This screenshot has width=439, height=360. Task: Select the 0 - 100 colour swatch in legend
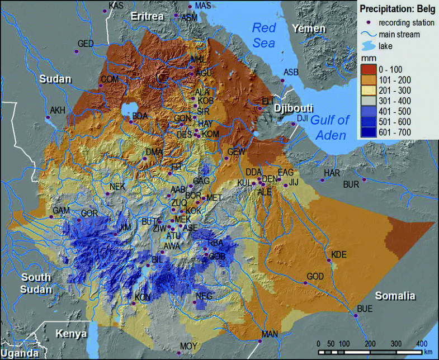tap(369, 69)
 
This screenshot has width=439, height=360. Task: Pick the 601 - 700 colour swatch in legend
tap(369, 132)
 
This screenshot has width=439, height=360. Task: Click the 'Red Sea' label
tap(266, 34)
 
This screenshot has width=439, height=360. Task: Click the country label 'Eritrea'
tap(147, 17)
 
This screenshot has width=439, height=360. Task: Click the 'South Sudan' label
tap(36, 283)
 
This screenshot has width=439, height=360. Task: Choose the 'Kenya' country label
tap(71, 334)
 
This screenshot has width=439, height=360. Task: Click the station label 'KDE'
tap(339, 254)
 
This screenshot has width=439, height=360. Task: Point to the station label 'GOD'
tap(315, 277)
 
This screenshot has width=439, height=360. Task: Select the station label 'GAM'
tap(60, 210)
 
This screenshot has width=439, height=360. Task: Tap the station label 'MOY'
tap(188, 347)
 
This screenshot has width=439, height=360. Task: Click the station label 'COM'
tap(110, 79)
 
